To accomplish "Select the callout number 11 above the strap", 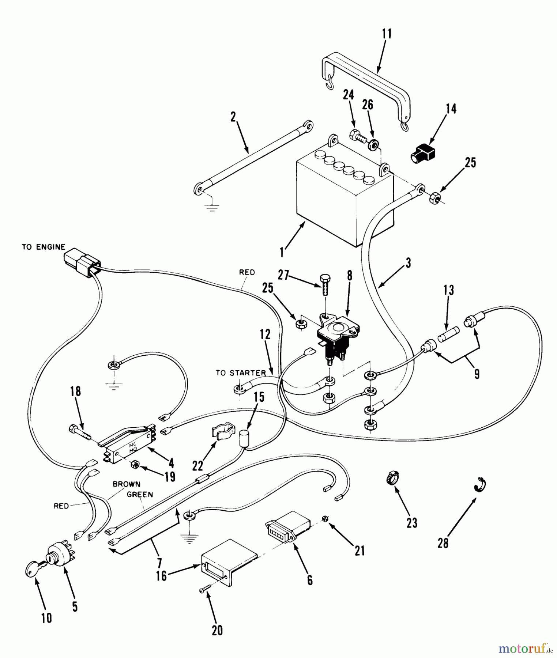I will point(387,34).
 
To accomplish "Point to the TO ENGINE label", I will point(44,247).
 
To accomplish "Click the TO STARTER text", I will point(240,373).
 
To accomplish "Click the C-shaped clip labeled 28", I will point(479,484).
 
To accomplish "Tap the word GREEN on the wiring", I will point(140,494).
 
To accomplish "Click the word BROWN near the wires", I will point(126,484).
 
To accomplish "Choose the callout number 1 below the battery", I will point(282,252).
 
